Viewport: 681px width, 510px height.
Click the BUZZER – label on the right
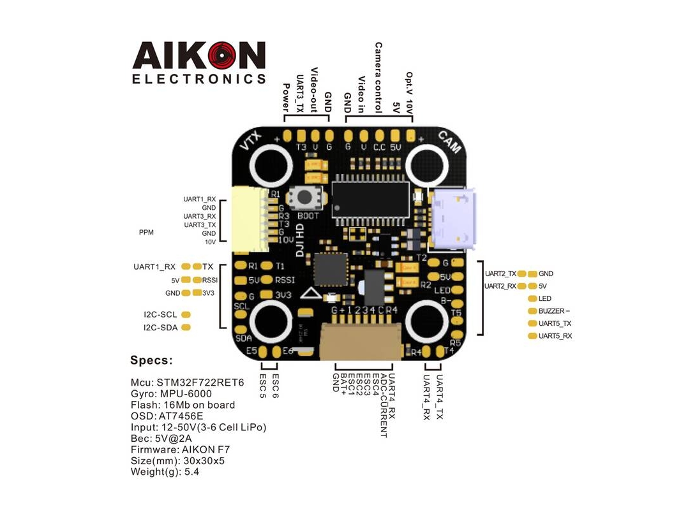[x=553, y=311]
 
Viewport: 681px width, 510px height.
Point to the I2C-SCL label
[x=160, y=314]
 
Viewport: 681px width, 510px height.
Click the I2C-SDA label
[x=160, y=328]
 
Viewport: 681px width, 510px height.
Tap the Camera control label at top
[x=378, y=78]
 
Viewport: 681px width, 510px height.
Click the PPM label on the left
[x=146, y=233]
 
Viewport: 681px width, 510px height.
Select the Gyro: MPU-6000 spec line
[x=171, y=393]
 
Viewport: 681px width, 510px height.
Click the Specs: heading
[x=151, y=361]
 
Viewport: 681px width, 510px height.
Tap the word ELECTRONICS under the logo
[x=198, y=80]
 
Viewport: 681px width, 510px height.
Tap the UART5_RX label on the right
[x=555, y=335]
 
